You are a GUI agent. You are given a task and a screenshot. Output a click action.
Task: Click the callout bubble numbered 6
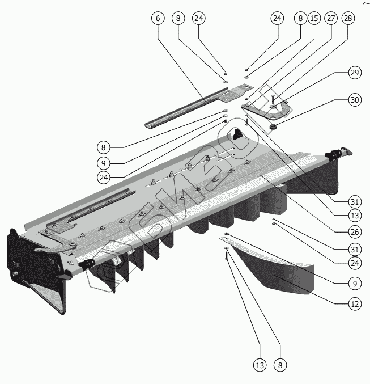pyautogui.click(x=158, y=18)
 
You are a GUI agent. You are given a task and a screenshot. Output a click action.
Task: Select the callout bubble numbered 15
pyautogui.click(x=314, y=18)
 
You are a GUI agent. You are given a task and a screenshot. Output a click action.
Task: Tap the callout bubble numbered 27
pyautogui.click(x=331, y=18)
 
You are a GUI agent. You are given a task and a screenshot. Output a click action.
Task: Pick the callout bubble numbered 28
pyautogui.click(x=347, y=18)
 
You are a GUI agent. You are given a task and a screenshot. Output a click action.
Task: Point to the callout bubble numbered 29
pyautogui.click(x=354, y=73)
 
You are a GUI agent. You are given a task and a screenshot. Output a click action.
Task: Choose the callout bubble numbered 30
pyautogui.click(x=354, y=100)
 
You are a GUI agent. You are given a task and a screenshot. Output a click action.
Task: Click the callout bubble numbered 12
pyautogui.click(x=355, y=303)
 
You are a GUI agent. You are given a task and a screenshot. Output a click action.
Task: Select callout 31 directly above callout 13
pyautogui.click(x=355, y=201)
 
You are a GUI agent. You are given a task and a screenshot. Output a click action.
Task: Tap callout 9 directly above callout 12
pyautogui.click(x=355, y=282)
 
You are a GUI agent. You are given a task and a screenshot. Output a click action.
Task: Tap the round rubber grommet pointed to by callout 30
pyautogui.click(x=273, y=127)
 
